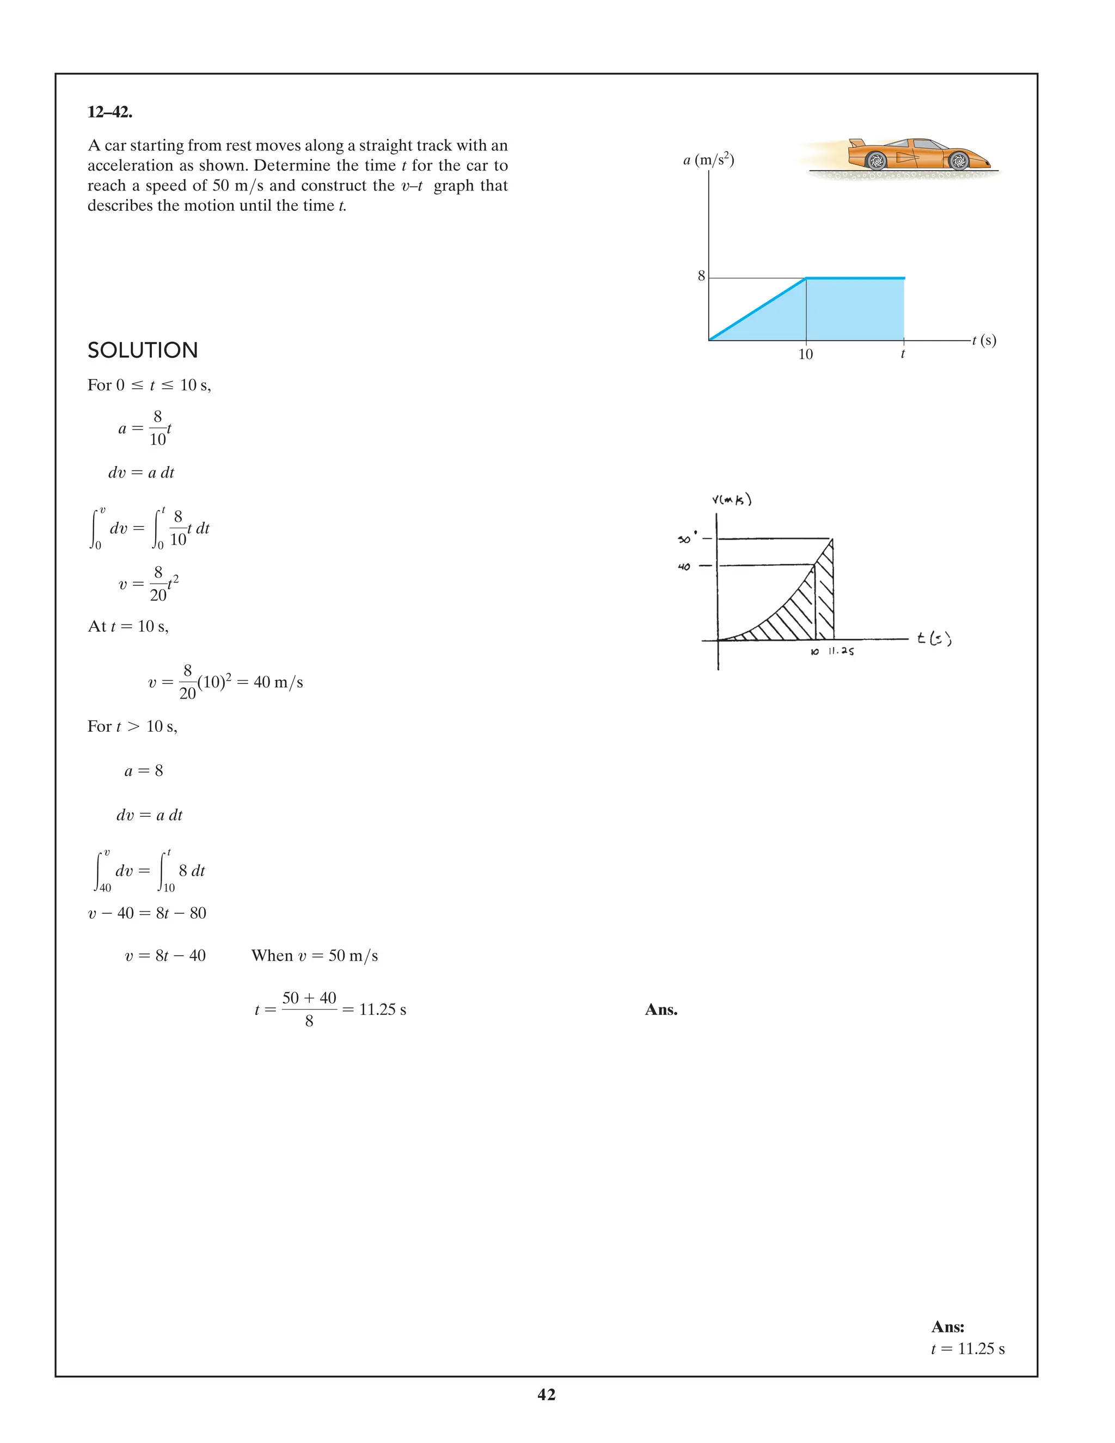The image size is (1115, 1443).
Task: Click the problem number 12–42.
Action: pos(109,112)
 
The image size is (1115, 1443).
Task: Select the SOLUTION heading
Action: pos(143,350)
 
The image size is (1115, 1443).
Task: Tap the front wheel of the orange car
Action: pos(958,161)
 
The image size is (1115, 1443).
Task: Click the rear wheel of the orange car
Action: pos(876,161)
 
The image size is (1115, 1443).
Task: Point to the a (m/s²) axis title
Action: pos(708,159)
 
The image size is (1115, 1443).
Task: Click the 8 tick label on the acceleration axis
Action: pos(701,276)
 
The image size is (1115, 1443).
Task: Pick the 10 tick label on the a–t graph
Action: pos(805,355)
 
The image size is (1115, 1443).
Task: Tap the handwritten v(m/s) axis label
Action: pos(731,499)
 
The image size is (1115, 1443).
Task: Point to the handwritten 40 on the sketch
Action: pos(684,567)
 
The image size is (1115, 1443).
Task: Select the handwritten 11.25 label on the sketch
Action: pos(841,651)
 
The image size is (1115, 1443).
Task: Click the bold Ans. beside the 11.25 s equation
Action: pos(661,1010)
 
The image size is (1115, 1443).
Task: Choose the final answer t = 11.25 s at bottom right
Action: pos(967,1349)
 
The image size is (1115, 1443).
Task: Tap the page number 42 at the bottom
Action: pos(546,1395)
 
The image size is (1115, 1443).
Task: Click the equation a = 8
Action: pos(143,771)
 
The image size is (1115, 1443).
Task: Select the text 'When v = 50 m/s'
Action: pos(315,956)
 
